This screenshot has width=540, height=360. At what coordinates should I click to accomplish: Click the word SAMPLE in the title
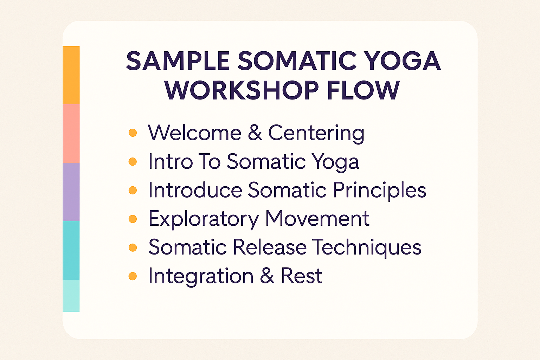(178, 61)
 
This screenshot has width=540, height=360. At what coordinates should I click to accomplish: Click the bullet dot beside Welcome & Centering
(133, 133)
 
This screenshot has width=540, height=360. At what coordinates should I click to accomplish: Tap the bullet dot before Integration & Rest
(133, 276)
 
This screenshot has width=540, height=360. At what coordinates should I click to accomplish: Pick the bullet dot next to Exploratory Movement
(133, 219)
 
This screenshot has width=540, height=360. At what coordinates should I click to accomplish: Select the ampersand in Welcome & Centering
(255, 133)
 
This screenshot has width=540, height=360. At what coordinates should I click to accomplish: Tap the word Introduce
(195, 190)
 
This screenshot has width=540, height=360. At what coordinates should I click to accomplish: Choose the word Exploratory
(204, 219)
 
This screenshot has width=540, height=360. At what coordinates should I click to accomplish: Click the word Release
(270, 247)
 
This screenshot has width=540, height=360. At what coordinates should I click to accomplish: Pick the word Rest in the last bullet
(302, 276)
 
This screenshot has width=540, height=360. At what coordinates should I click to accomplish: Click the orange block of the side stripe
(71, 75)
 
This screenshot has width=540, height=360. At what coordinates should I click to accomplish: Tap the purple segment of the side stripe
(71, 192)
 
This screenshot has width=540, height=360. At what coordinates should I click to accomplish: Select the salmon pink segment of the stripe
(71, 134)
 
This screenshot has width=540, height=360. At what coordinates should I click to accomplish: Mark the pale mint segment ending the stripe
(71, 296)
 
